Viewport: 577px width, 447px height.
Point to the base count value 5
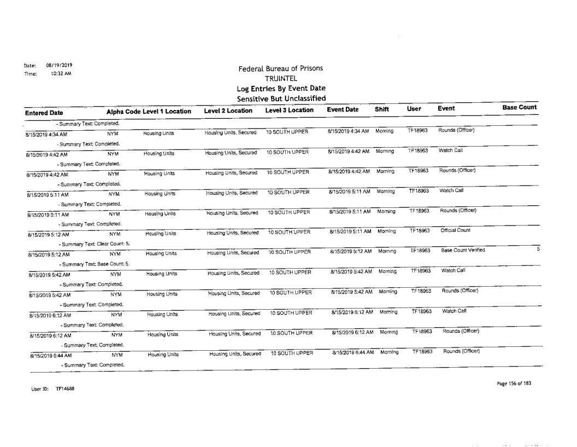pyautogui.click(x=538, y=248)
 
